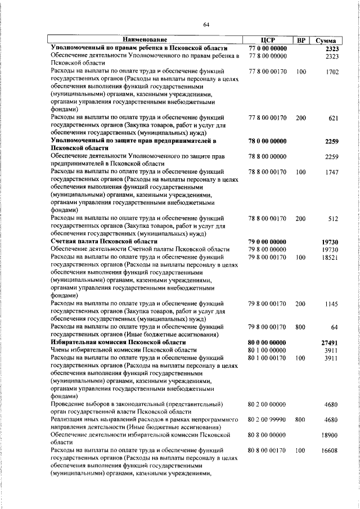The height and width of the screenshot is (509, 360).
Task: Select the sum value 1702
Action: pos(331,72)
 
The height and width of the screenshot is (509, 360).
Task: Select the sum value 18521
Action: pos(330,256)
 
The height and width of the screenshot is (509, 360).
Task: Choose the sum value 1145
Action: pos(331,303)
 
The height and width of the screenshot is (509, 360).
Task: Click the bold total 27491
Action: pos(329,342)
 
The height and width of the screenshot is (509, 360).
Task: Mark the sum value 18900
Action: pos(330,435)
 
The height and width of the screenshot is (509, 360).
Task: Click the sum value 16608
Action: pos(330,451)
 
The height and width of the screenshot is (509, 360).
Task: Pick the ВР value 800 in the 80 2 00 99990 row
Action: pos(300,419)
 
